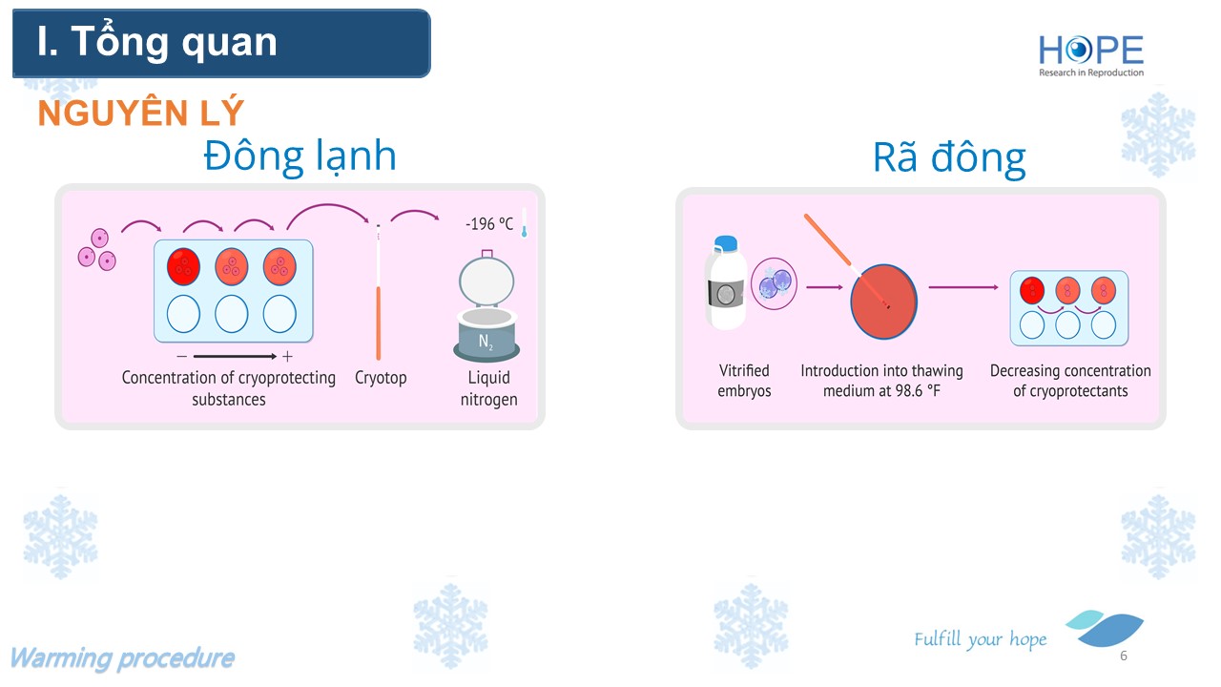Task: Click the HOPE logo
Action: tap(1090, 55)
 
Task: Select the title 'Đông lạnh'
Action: tap(300, 156)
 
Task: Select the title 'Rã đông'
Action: tap(949, 158)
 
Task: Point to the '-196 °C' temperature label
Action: tap(489, 223)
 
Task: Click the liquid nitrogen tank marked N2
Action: tap(486, 306)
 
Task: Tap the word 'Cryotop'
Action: tap(381, 378)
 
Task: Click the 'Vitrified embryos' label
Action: tap(744, 381)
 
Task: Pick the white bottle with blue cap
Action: tap(726, 282)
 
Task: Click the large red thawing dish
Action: tap(883, 302)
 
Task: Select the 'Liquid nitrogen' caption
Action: tap(488, 388)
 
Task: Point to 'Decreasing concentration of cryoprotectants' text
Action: tap(1070, 381)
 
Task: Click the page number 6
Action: tap(1124, 656)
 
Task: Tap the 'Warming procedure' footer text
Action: tap(123, 658)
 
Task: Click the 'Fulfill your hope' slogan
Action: tap(980, 639)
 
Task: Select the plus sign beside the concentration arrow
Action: tap(287, 357)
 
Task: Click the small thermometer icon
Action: tap(524, 222)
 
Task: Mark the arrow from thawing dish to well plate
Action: tap(963, 287)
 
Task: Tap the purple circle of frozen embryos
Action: tap(774, 283)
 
